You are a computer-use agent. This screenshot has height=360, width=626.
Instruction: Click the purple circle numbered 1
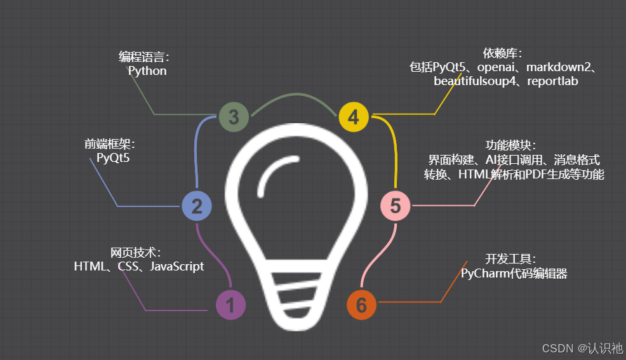point(230,305)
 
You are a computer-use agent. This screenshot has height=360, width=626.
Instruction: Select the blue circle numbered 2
point(196,206)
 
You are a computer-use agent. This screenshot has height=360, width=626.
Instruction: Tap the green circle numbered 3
point(234,117)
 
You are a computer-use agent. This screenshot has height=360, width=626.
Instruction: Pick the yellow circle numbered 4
point(354,117)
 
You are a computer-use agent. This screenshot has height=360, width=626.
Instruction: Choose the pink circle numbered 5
point(396,206)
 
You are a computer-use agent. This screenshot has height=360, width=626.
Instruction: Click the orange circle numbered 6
point(361,305)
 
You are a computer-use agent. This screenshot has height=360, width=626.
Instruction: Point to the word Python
point(147,71)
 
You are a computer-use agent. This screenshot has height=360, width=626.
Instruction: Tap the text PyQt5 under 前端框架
point(113,158)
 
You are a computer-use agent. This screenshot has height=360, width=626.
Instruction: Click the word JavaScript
point(176,267)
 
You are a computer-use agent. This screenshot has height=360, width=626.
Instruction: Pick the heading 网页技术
point(135,253)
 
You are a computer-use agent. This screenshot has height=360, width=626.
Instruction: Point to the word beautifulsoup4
point(472,81)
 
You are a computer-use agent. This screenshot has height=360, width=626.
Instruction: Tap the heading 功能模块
point(511,145)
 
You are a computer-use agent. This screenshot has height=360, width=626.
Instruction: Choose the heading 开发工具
point(510,259)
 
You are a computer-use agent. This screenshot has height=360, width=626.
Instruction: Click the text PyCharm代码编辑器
point(514,274)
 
